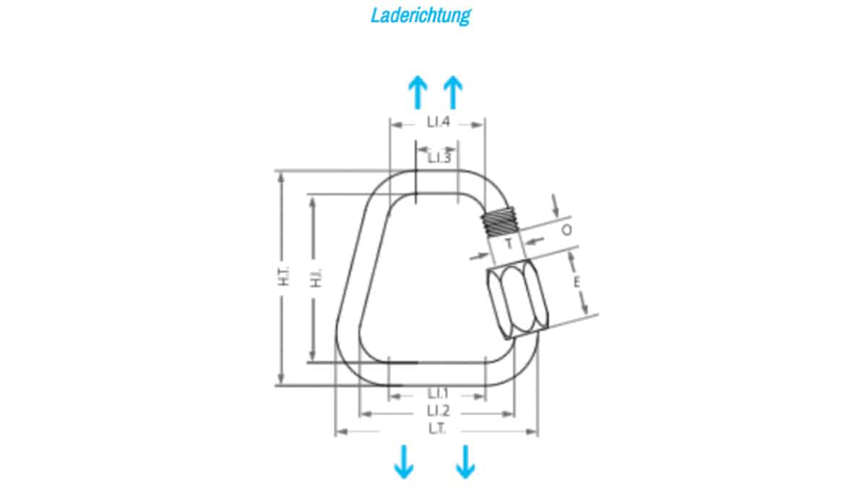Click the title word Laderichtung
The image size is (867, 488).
click(x=420, y=16)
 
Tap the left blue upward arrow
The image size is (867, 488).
click(x=418, y=93)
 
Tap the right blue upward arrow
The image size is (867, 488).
click(x=453, y=93)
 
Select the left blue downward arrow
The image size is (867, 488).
click(x=404, y=462)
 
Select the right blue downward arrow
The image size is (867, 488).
click(x=465, y=462)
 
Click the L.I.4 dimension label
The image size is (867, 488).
click(x=439, y=122)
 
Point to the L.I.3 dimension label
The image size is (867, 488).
click(x=439, y=158)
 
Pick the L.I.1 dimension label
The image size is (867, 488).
click(x=438, y=394)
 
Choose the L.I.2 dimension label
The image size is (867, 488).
click(x=439, y=411)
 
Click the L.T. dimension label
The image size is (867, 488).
click(x=437, y=429)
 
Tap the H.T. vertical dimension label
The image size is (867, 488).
click(x=284, y=276)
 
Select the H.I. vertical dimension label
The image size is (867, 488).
click(x=316, y=278)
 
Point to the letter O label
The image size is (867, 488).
click(x=566, y=230)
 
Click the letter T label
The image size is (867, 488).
click(x=509, y=244)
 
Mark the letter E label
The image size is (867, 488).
click(x=577, y=282)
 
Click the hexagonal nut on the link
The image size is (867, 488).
click(x=517, y=300)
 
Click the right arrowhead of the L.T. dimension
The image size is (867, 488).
click(x=532, y=432)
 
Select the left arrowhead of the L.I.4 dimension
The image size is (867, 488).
click(x=397, y=124)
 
